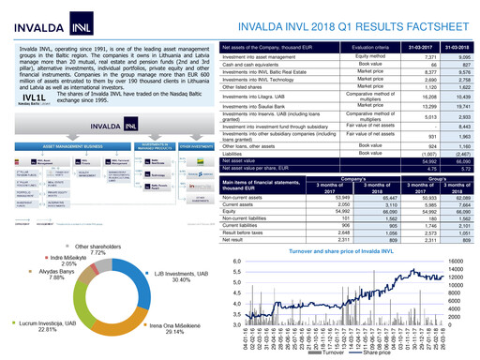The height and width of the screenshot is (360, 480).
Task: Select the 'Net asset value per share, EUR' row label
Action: (x=258, y=168)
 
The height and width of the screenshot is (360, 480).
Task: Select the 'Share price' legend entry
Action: (x=375, y=354)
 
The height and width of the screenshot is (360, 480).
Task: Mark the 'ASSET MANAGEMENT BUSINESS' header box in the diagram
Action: (x=64, y=147)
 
